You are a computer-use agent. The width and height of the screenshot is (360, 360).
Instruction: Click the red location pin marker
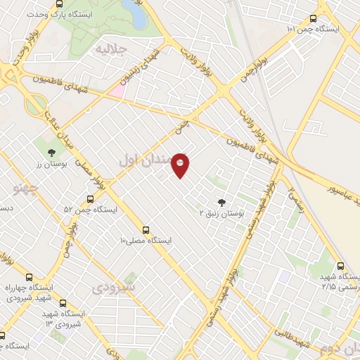[181, 165]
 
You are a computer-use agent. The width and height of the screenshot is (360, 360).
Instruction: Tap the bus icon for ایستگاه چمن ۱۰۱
[313, 19]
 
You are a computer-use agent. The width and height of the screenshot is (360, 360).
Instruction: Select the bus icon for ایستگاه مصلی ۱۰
[146, 229]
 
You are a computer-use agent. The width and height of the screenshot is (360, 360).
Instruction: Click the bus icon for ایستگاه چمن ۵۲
[89, 199]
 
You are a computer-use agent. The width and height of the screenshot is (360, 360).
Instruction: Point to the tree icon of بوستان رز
[51, 151]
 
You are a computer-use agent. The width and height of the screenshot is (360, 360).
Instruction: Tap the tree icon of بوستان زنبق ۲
[224, 201]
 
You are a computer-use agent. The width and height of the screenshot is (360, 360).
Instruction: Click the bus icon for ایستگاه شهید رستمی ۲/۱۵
[341, 267]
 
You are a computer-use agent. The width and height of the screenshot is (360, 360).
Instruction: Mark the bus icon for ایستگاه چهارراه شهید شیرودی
[29, 276]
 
